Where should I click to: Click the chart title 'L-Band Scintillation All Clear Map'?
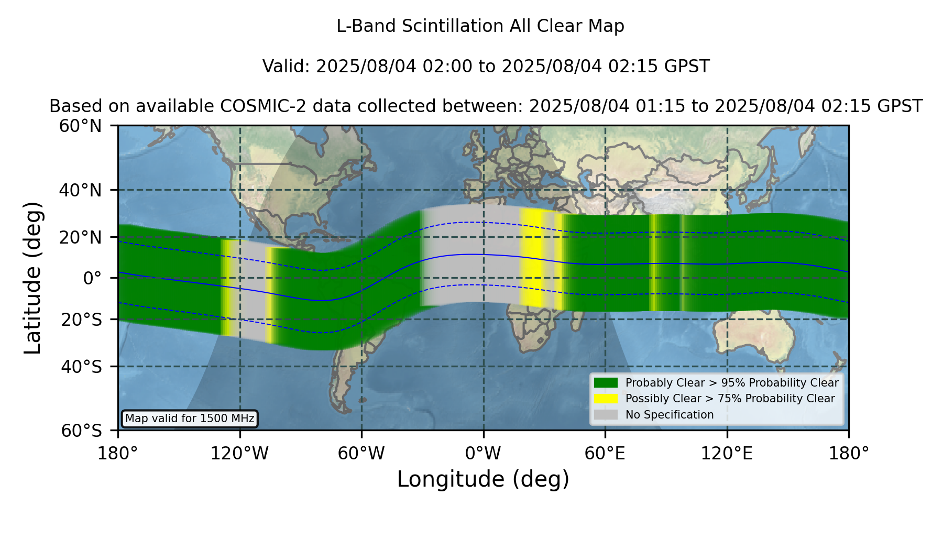pos(480,26)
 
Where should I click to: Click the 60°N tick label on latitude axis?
pos(81,126)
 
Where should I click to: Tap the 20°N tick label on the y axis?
pos(81,237)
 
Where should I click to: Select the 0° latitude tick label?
pos(92,278)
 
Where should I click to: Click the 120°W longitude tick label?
pos(239,453)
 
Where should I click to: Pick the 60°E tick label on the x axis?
pos(605,453)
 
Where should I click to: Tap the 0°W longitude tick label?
pos(483,453)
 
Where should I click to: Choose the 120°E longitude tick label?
pos(727,453)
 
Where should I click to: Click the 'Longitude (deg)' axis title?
pos(483,479)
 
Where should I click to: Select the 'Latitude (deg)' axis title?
pos(33,278)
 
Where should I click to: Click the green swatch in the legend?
pos(606,383)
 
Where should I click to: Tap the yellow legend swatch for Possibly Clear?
pos(606,399)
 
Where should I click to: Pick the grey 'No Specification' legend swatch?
pos(606,415)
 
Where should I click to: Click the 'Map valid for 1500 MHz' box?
pos(190,419)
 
